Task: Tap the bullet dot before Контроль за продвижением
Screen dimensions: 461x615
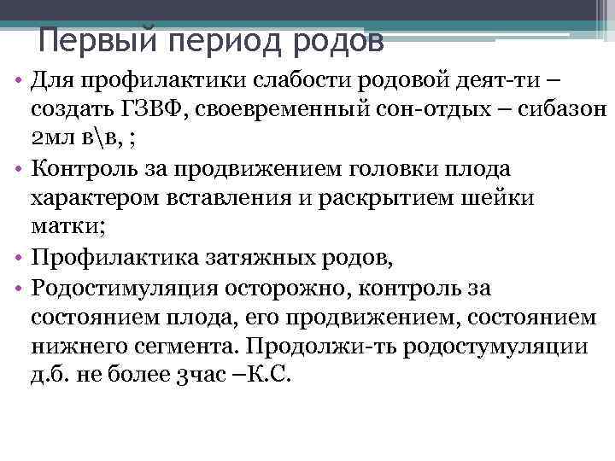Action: click(17, 168)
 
